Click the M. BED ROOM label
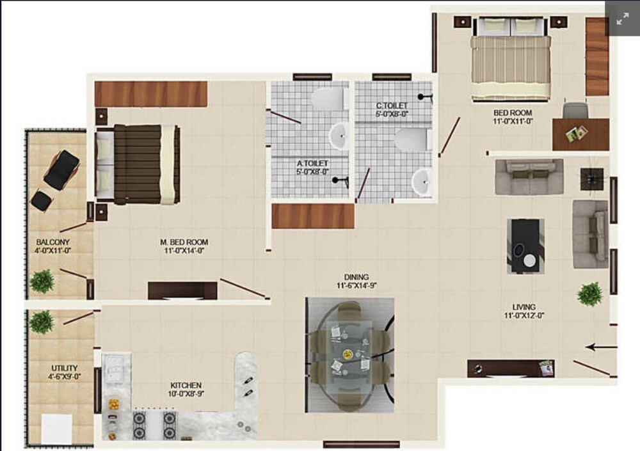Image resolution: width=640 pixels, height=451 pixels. tap(184, 242)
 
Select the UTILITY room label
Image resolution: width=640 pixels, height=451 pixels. tap(64, 368)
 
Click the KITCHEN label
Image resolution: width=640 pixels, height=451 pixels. tap(186, 385)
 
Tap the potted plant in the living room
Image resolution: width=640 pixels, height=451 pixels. tap(589, 294)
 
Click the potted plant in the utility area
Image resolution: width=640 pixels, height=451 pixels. tap(42, 321)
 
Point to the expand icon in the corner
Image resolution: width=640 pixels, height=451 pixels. tap(622, 19)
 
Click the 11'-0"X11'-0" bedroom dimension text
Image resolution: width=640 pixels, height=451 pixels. tap(512, 121)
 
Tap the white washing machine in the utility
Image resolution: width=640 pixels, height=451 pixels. tap(56, 427)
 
